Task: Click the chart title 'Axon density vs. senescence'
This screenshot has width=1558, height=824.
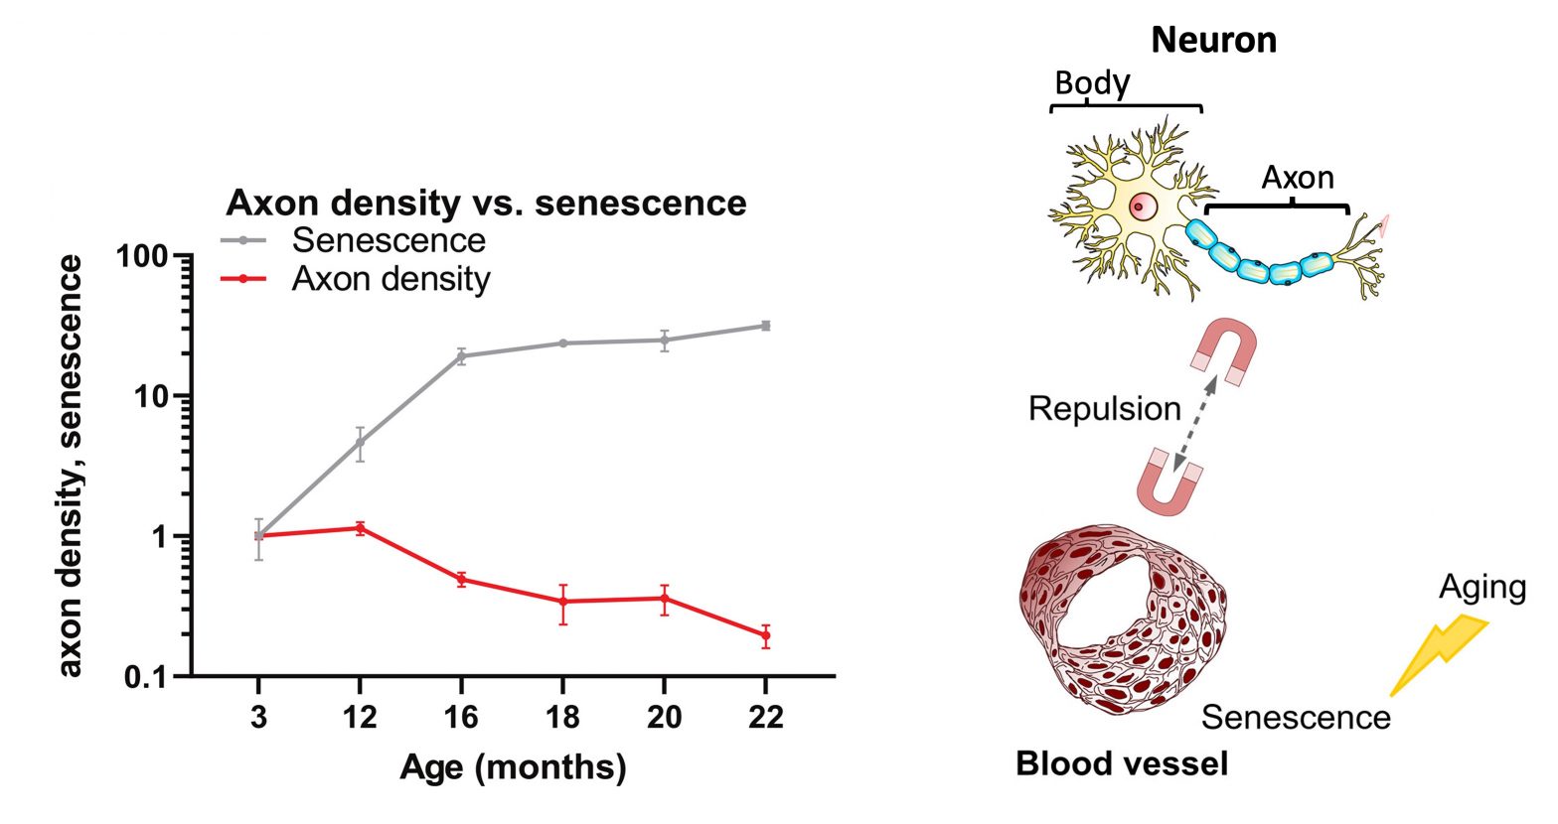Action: point(486,203)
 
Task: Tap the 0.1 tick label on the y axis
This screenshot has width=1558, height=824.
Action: point(147,677)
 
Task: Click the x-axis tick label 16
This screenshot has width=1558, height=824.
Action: point(461,716)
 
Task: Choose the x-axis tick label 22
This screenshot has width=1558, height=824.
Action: point(765,716)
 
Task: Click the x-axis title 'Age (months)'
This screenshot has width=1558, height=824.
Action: point(513,767)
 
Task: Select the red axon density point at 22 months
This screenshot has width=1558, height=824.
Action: point(765,635)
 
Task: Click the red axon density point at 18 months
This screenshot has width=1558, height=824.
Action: point(563,602)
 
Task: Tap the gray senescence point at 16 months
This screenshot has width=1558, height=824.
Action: point(461,355)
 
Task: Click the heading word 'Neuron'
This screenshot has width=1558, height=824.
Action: point(1213,41)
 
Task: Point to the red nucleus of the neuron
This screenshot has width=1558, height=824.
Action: point(1143,207)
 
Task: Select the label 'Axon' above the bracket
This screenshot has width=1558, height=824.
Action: point(1297,178)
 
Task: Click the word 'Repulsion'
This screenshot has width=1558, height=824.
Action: point(1104,408)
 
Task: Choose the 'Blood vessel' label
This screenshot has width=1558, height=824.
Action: point(1122,763)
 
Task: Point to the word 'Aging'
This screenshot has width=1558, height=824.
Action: point(1481,587)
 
